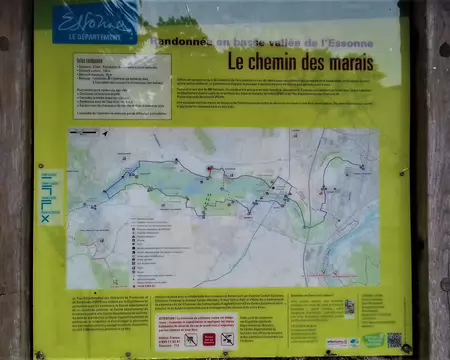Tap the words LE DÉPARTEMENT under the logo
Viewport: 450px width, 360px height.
click(x=95, y=37)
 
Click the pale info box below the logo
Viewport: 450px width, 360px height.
click(x=121, y=86)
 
